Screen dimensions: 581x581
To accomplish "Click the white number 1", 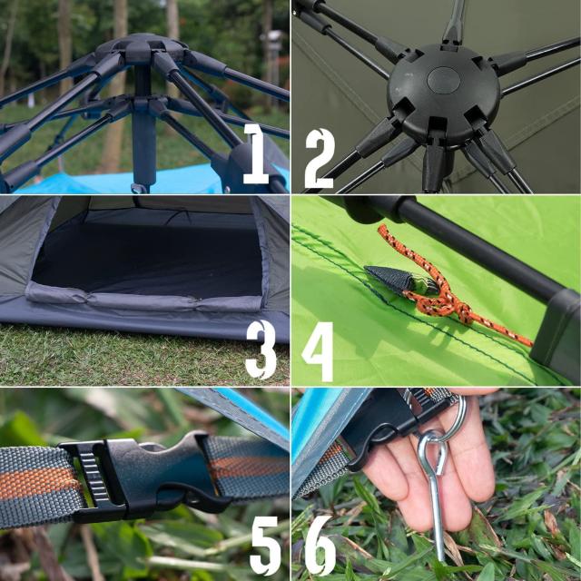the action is pyautogui.click(x=256, y=153).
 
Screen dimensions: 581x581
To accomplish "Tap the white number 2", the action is pyautogui.click(x=320, y=159).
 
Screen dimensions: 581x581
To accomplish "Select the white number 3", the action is pyautogui.click(x=261, y=350).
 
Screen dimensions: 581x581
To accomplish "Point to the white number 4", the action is pyautogui.click(x=318, y=351).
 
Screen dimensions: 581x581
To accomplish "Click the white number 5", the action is pyautogui.click(x=265, y=546).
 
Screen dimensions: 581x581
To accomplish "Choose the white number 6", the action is pyautogui.click(x=320, y=545).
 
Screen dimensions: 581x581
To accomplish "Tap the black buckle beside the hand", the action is pyautogui.click(x=393, y=422).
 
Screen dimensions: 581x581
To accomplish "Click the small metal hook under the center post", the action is pyautogui.click(x=139, y=189).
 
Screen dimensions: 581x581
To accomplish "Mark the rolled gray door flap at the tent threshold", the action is pyautogui.click(x=144, y=299).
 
